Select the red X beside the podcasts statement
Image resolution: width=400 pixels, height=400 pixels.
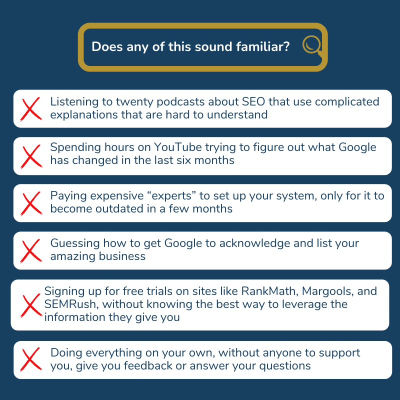click(31, 109)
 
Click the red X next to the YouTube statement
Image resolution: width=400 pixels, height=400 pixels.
click(31, 156)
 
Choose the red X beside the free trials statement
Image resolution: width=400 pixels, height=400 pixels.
click(31, 304)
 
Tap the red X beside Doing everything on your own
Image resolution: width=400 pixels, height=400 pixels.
click(31, 359)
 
